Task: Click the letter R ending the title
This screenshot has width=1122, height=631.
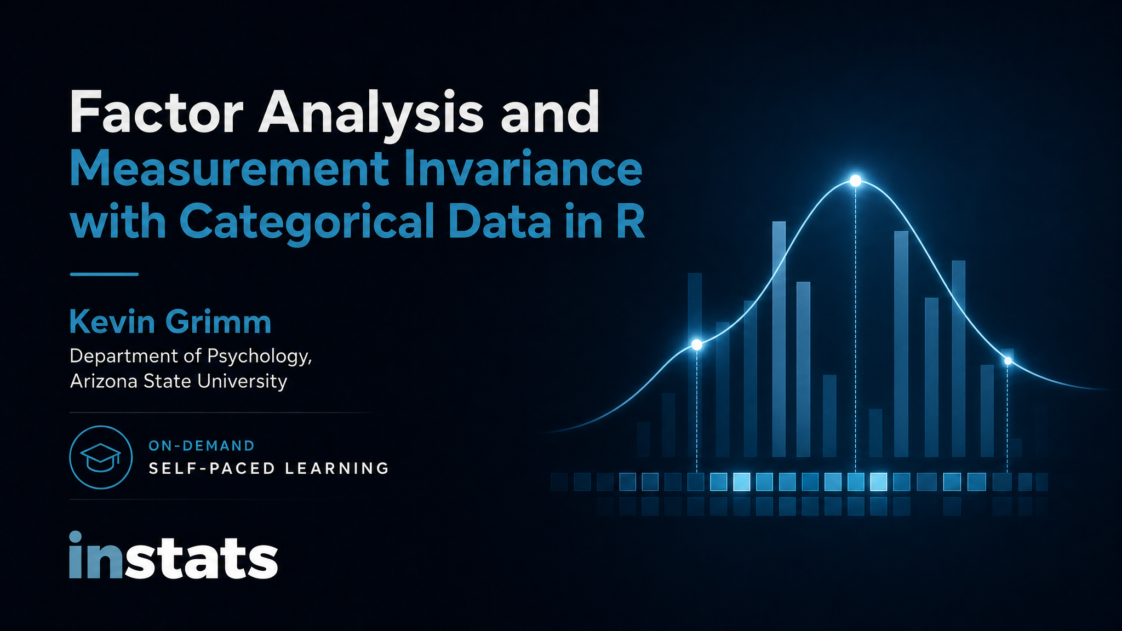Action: [630, 221]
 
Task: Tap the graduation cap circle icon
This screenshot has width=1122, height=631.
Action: [101, 457]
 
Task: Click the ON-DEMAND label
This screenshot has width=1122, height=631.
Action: [202, 446]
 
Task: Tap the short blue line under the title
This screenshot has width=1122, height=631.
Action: [104, 274]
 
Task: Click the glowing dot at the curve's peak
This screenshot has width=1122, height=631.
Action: [855, 181]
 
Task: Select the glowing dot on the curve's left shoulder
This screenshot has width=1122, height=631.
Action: [697, 345]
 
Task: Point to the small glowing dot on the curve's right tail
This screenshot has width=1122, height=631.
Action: [1007, 361]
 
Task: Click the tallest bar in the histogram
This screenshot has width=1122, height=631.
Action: [779, 339]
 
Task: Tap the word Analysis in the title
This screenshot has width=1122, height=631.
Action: [371, 113]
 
